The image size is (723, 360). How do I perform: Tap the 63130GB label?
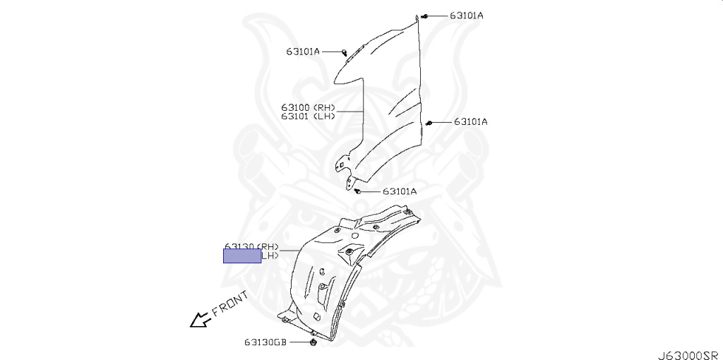coord(265,343)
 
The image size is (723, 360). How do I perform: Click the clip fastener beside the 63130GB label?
coord(311,342)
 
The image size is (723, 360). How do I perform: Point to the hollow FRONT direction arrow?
coord(200,320)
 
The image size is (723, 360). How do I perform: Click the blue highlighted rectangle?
coord(242,256)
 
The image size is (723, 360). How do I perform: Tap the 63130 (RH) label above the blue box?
coord(252,246)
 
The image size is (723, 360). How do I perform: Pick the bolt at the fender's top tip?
coord(426,16)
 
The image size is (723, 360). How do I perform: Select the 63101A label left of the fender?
coord(303,51)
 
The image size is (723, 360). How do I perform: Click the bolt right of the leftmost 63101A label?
coord(344,52)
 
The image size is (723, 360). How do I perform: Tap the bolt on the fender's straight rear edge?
coord(429,123)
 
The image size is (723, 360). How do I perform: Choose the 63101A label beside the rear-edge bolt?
coord(470,121)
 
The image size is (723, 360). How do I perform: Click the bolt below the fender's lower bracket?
coord(359,191)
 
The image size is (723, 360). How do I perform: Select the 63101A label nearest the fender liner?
coord(400,191)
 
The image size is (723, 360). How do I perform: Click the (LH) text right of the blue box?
coord(270,256)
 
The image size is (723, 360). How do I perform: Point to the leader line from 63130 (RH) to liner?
coord(291,248)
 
